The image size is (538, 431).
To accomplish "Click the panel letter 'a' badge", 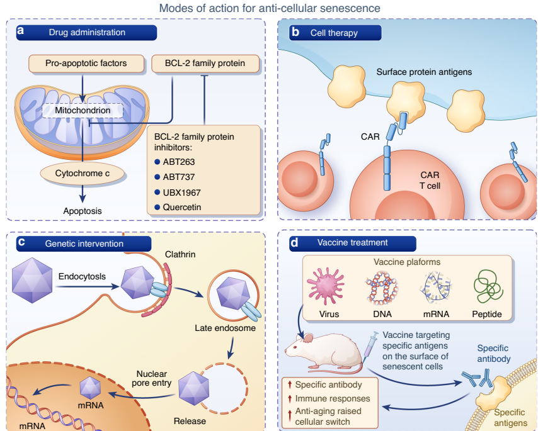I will (x=21, y=31).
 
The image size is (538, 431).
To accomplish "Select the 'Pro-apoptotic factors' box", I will (x=86, y=63).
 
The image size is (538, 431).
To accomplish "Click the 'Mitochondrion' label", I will (x=83, y=111).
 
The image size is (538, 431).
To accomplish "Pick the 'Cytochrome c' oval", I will (x=81, y=172).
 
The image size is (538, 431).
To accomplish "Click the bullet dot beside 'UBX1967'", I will (x=157, y=192).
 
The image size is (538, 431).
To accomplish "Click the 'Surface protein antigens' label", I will (x=424, y=72).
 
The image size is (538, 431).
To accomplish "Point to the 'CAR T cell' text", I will (x=430, y=180).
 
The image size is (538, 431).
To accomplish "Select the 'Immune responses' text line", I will (x=332, y=398).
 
